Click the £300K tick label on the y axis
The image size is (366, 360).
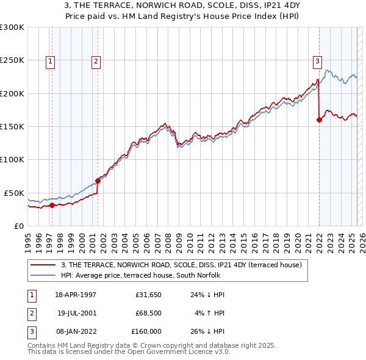pos(12,27)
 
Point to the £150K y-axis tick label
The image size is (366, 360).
pos(12,127)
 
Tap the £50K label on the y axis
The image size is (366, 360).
pos(13,193)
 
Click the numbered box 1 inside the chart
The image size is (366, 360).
pos(50,60)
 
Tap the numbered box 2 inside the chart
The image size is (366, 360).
pos(96,60)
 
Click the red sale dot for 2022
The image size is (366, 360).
pos(319,120)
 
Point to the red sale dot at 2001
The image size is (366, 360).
pos(98,181)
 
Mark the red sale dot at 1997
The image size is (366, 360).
pos(52,205)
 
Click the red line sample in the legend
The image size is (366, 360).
pos(44,265)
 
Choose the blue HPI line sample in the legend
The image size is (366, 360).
pos(44,275)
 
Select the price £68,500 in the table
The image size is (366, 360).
pos(148,313)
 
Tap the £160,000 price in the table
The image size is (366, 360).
pos(146,331)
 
